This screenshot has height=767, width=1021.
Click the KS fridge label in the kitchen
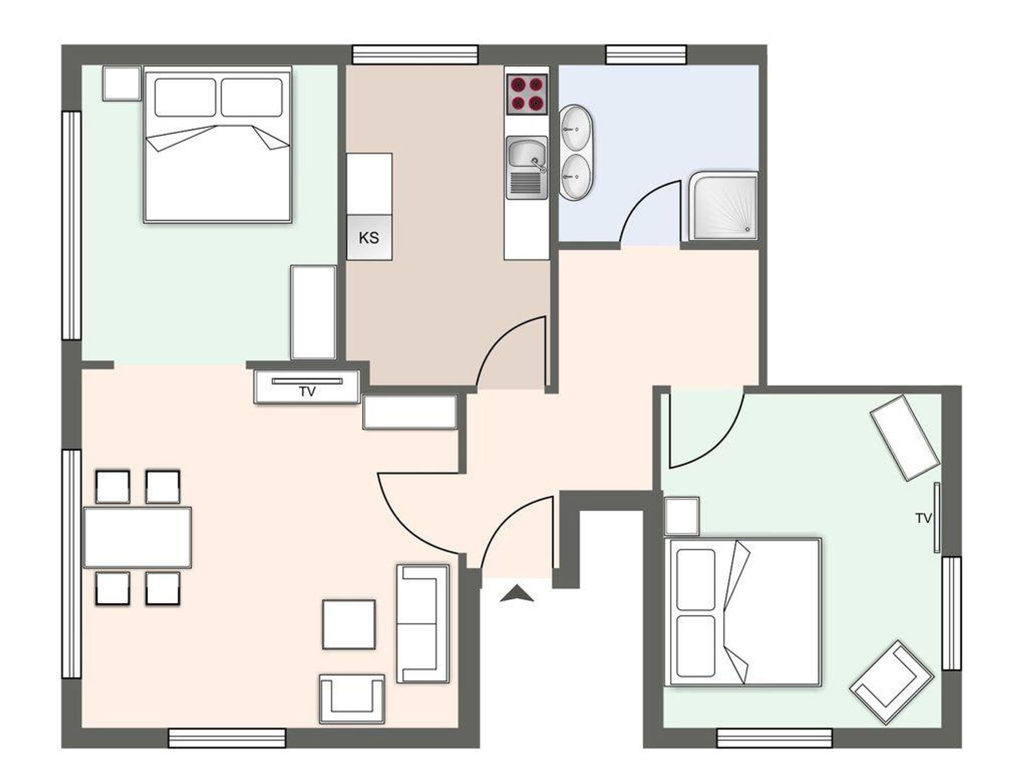(369, 238)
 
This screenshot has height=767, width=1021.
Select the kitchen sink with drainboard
(527, 168)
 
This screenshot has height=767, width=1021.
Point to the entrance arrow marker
(517, 593)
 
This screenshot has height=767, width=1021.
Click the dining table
(138, 537)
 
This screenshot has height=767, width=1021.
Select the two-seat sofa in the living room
(423, 623)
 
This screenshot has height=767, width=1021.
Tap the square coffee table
(349, 624)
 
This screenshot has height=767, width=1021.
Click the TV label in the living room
(308, 392)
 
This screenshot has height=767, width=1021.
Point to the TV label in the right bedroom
(923, 519)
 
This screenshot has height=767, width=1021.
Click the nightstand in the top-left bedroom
(122, 84)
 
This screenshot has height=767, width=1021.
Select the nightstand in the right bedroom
(682, 516)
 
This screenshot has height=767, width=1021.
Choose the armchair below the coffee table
(352, 699)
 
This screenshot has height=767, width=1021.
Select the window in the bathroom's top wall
(646, 55)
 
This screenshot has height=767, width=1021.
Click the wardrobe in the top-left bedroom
(313, 312)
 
